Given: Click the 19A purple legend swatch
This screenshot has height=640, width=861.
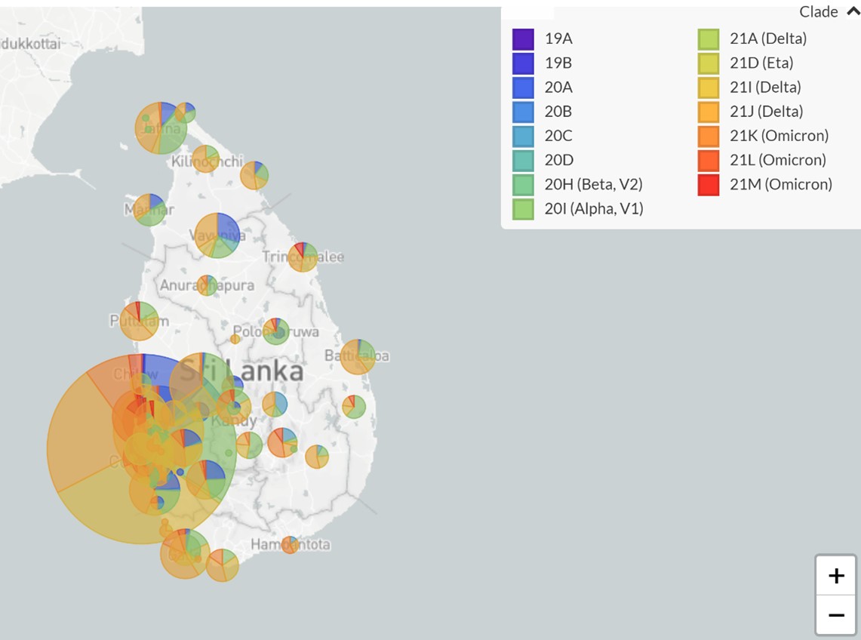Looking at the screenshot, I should pyautogui.click(x=523, y=38).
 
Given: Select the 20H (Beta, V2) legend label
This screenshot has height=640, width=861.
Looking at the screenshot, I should pyautogui.click(x=593, y=184).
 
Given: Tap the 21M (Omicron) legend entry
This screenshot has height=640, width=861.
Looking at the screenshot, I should pyautogui.click(x=780, y=184).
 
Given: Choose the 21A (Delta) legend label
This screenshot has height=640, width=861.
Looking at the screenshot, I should pyautogui.click(x=768, y=38).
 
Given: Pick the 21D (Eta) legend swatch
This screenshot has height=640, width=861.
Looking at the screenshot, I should pyautogui.click(x=709, y=63).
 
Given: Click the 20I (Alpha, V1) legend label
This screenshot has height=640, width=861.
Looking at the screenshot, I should pyautogui.click(x=593, y=208).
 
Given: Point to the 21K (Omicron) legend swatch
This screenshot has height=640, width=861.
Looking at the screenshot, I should pyautogui.click(x=709, y=136).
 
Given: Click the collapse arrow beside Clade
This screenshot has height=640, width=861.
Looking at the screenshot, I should pyautogui.click(x=853, y=11).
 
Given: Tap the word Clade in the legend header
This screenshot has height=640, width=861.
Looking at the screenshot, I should pyautogui.click(x=819, y=11).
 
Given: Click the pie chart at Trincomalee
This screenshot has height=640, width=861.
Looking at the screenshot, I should pyautogui.click(x=303, y=257).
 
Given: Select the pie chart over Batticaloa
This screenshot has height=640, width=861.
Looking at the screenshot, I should pyautogui.click(x=358, y=356).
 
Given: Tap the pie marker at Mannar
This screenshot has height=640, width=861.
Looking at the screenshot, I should pyautogui.click(x=149, y=209).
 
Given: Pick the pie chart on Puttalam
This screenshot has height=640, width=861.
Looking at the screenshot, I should pyautogui.click(x=139, y=321).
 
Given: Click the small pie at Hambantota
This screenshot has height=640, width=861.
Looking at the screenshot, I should pyautogui.click(x=290, y=544).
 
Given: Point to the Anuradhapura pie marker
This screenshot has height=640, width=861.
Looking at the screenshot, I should pyautogui.click(x=207, y=285).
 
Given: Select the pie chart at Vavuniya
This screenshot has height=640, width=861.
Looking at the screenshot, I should pyautogui.click(x=217, y=235).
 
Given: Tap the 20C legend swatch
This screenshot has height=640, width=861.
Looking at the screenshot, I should pyautogui.click(x=523, y=136).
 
